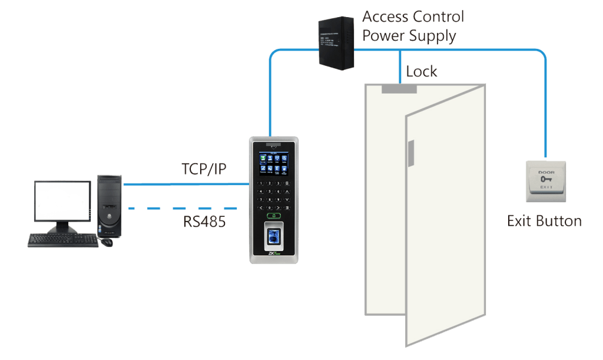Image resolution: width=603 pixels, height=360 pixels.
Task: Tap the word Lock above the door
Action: point(421,72)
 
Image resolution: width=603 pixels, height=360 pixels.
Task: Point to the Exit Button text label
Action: point(544,222)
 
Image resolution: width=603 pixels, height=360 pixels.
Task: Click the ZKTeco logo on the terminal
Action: point(274,255)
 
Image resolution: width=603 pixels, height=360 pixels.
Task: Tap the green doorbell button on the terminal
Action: point(274,217)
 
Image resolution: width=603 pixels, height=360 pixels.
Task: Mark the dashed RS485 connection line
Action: point(183,208)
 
